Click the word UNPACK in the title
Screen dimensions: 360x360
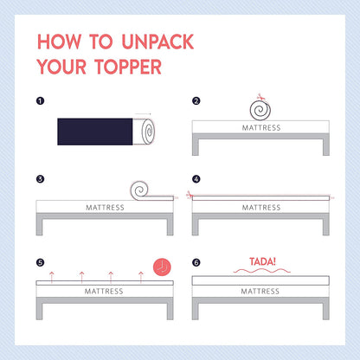click(x=157, y=42)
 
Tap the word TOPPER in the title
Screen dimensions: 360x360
click(x=128, y=67)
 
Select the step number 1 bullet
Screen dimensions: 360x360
click(x=40, y=101)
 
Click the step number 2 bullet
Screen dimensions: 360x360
click(x=196, y=101)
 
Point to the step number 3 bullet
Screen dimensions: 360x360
click(x=40, y=179)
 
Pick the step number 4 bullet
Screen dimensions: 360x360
click(x=196, y=179)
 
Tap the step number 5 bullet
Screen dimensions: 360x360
click(x=40, y=262)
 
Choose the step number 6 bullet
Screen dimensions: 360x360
click(x=196, y=262)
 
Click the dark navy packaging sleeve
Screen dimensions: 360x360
click(x=95, y=132)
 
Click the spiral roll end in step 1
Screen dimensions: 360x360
click(x=148, y=132)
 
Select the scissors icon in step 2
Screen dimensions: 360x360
click(x=260, y=97)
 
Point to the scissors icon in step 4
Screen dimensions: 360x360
click(x=189, y=195)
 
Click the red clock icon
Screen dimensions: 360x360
click(x=162, y=267)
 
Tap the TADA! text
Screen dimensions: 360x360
click(x=262, y=261)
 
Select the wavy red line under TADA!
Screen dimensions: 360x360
click(x=261, y=271)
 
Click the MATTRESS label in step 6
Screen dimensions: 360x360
click(x=260, y=292)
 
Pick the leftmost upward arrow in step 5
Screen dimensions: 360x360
click(x=52, y=277)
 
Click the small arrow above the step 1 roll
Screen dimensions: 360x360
click(x=143, y=114)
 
